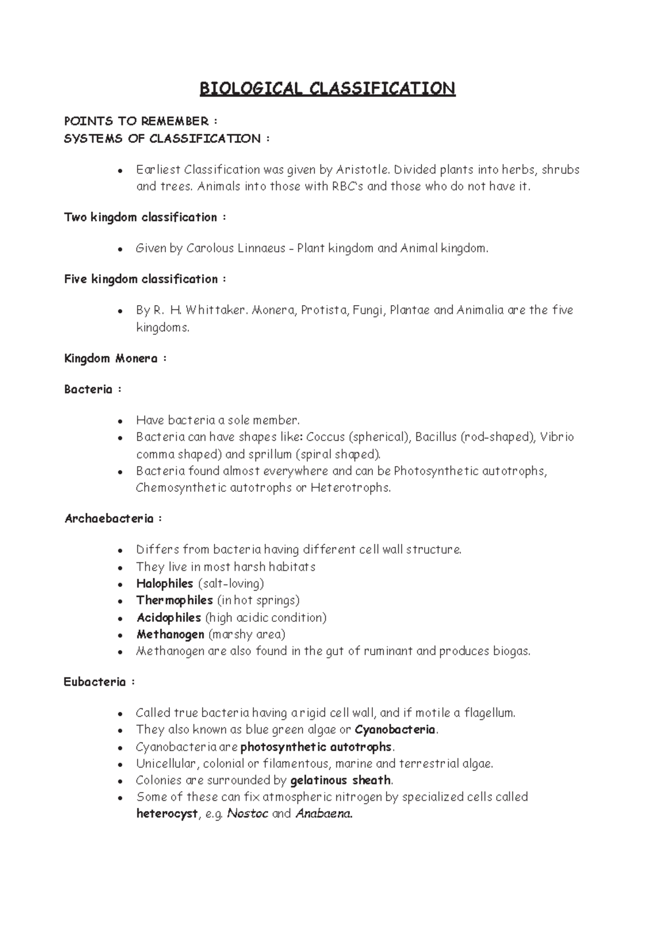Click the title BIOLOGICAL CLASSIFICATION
point(327,88)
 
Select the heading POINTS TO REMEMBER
point(136,121)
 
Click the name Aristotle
point(361,170)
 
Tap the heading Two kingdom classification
point(141,217)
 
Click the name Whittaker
point(216,310)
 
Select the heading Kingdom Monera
point(111,359)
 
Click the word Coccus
point(325,437)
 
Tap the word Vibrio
point(557,437)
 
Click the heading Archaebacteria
point(109,519)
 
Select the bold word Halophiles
point(164,584)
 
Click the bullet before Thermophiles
point(120,601)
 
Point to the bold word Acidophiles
point(169,618)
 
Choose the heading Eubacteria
point(94,682)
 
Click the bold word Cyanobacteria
point(395,730)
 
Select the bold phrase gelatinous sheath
point(341,780)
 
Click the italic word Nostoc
point(247,814)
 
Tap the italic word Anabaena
point(323,814)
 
